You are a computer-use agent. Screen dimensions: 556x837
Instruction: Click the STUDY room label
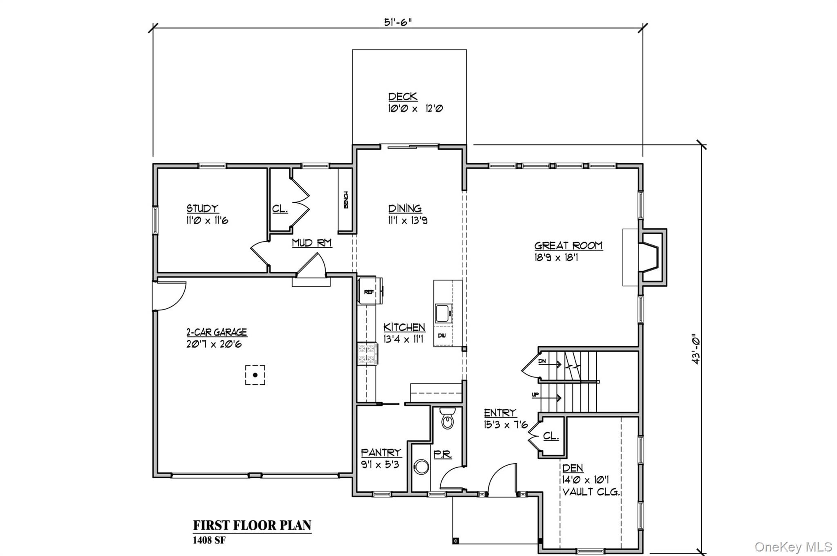202,208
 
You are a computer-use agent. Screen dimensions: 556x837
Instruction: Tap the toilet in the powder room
448,419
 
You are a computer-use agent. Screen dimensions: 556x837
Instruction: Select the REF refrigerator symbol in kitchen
369,292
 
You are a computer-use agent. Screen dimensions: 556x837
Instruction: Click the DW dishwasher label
442,336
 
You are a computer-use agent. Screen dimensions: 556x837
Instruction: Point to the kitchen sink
443,314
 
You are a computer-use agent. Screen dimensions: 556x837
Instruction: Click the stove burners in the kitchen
367,354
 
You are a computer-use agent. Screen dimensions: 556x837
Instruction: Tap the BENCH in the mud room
345,200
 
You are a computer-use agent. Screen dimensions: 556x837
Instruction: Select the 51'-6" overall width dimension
398,22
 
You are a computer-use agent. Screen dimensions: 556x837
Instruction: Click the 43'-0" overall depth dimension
696,350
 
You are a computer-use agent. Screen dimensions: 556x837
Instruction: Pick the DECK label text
403,97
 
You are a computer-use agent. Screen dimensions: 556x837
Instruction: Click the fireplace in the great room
650,257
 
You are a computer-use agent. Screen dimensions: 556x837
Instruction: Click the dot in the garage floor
255,375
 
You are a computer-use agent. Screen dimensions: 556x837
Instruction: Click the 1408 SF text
209,540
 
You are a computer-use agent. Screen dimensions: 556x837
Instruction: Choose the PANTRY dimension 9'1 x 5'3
380,465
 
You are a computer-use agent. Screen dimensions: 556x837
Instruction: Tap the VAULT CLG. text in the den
591,492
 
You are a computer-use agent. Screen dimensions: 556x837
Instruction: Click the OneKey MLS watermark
793,547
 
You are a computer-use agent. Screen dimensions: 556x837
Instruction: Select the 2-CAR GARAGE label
217,332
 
